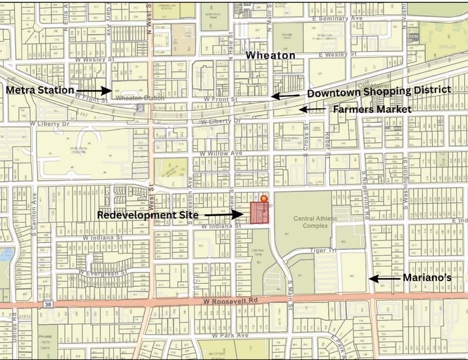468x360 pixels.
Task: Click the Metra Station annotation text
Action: pyautogui.click(x=39, y=91)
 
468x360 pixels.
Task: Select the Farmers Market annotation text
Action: pyautogui.click(x=371, y=109)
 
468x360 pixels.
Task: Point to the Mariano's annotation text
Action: pyautogui.click(x=427, y=278)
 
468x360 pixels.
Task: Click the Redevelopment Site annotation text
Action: pyautogui.click(x=149, y=215)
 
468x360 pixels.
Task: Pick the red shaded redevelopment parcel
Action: pyautogui.click(x=259, y=214)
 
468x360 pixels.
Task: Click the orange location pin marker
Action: pyautogui.click(x=264, y=199)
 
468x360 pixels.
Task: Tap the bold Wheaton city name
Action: pyautogui.click(x=270, y=56)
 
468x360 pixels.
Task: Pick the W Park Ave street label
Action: pyautogui.click(x=229, y=336)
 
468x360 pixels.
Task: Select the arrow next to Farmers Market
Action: pyautogui.click(x=312, y=109)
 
